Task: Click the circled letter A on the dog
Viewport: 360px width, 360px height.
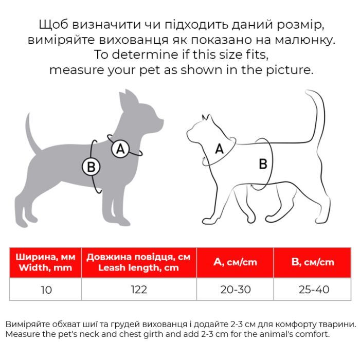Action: (120, 149)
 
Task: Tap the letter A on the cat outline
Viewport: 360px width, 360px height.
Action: (219, 149)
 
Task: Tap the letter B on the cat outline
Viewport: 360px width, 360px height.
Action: (263, 164)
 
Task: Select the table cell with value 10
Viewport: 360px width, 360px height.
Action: (46, 290)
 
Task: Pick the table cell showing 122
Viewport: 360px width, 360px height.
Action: (139, 290)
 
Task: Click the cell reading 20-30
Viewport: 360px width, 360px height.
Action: (236, 290)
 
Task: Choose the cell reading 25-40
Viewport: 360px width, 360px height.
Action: (313, 290)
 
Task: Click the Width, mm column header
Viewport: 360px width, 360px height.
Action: (46, 262)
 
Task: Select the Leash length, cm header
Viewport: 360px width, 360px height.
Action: (139, 262)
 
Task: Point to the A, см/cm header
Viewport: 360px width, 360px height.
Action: (236, 262)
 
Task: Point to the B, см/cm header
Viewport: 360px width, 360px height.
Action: (313, 262)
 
